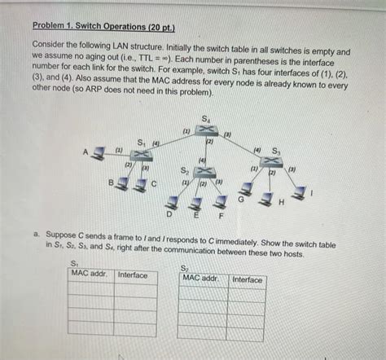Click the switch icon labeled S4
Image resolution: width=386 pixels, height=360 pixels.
point(206,130)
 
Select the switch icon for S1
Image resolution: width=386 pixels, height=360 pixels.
point(141,155)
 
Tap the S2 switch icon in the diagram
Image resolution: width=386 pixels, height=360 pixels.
point(204,172)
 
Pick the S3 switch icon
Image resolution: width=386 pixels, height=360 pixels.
point(271,162)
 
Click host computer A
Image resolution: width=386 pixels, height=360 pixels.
point(98,153)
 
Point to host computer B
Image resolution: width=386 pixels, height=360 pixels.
point(122,184)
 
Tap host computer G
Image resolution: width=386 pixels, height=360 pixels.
point(246,189)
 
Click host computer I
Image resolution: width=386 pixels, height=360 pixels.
point(299,192)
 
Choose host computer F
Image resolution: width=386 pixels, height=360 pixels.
point(221,202)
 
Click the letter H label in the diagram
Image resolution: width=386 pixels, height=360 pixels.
point(282,202)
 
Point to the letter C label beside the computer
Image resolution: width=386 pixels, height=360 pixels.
point(154,184)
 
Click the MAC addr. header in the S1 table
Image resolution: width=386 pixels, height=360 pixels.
point(89,273)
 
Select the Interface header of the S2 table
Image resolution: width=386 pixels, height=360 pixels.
point(247,279)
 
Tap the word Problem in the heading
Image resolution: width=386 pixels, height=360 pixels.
point(48,25)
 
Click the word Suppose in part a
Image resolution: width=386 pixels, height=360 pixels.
point(61,235)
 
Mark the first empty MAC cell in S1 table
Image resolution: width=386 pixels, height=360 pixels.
point(91,288)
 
